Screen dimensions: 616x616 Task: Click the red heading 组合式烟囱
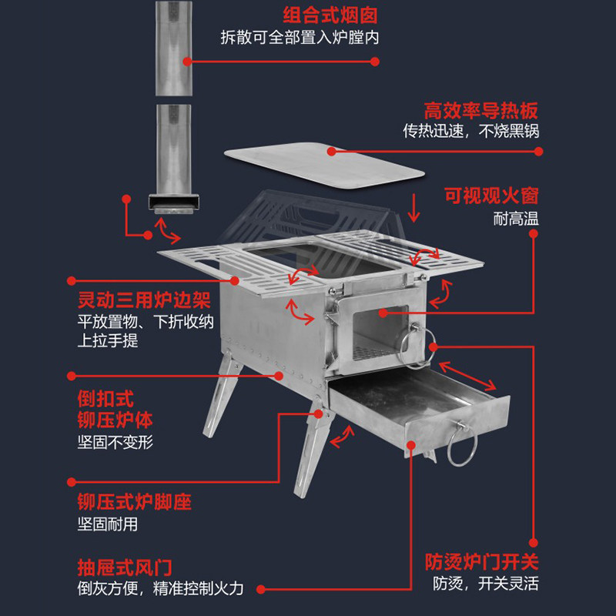(330, 15)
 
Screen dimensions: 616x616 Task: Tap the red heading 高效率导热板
(480, 110)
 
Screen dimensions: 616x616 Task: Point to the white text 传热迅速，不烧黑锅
(470, 131)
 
